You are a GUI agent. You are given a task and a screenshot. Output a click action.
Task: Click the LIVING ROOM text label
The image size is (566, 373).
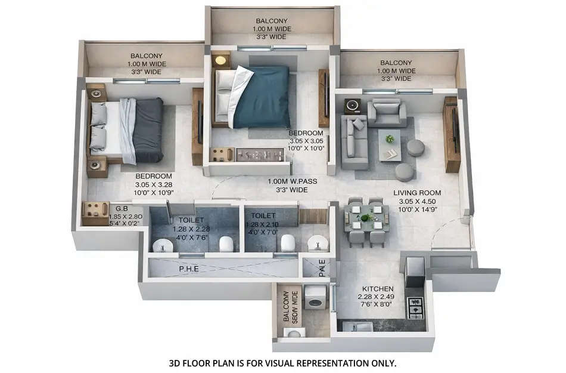point(417,193)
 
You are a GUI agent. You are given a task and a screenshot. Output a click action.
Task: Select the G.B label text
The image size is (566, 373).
point(122,209)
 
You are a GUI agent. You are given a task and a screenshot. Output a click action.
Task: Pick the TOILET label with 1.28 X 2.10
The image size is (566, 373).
point(263,215)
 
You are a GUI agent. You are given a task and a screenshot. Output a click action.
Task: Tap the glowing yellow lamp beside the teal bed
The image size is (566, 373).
point(220,60)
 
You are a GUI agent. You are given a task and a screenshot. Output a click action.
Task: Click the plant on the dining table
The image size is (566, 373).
point(366,218)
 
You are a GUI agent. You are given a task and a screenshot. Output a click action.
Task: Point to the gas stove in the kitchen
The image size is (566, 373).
point(415,308)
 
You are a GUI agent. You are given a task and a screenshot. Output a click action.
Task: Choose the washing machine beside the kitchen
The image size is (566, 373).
point(315,297)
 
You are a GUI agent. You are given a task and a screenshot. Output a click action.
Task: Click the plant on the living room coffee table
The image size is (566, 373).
point(390,139)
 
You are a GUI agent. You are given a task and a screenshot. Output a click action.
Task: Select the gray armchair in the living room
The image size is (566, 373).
point(386,113)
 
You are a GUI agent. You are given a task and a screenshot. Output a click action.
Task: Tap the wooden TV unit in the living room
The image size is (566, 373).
point(452,134)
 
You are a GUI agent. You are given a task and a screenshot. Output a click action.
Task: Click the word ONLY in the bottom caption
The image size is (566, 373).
point(383,362)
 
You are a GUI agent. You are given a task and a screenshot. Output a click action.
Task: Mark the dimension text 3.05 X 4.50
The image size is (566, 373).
point(417,201)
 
